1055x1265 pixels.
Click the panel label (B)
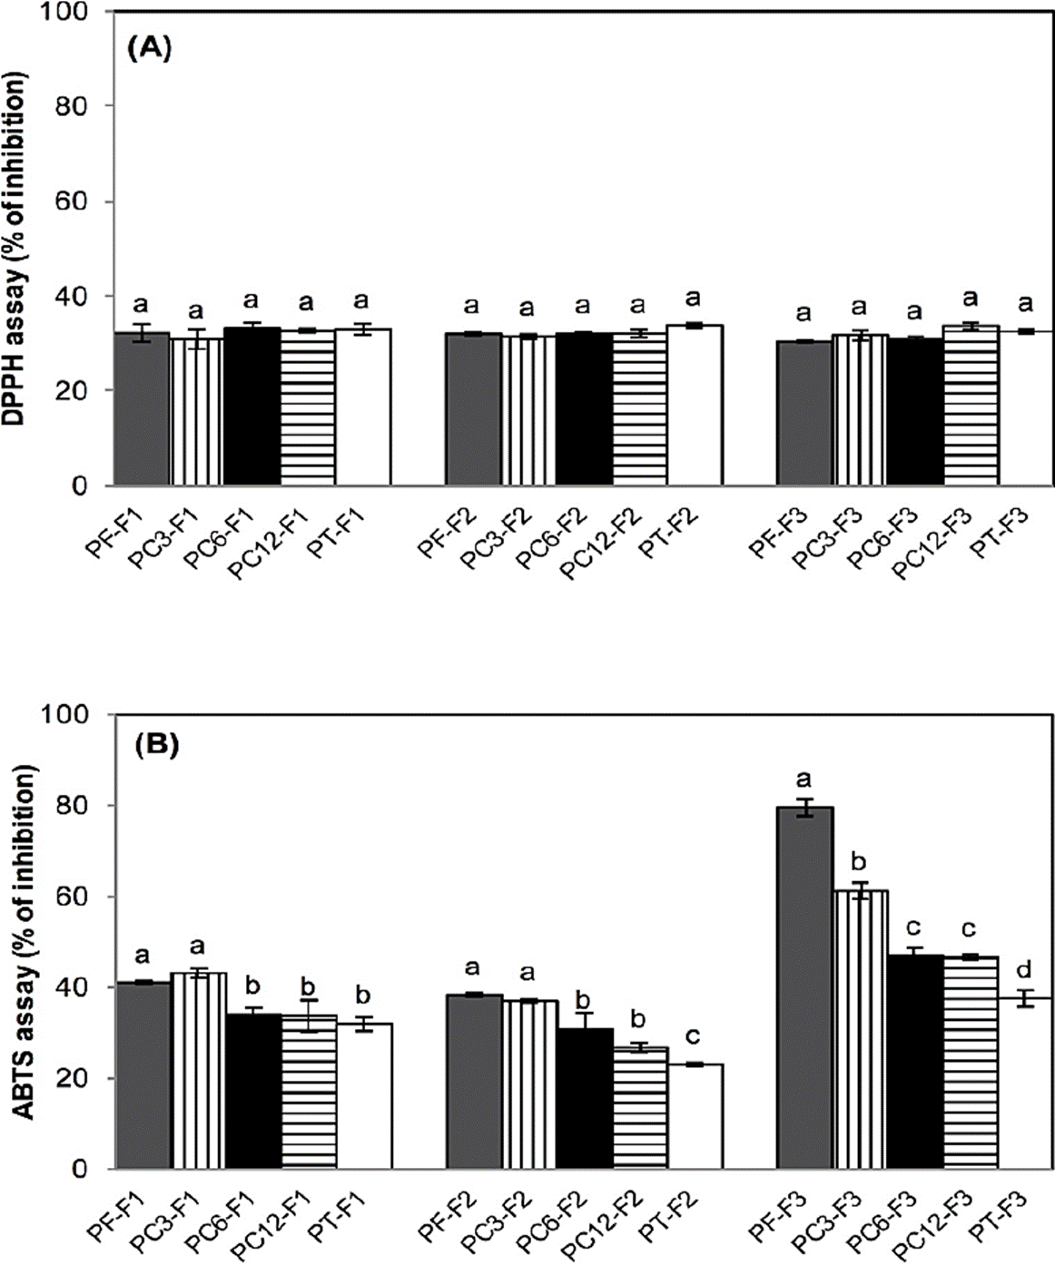click(156, 746)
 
